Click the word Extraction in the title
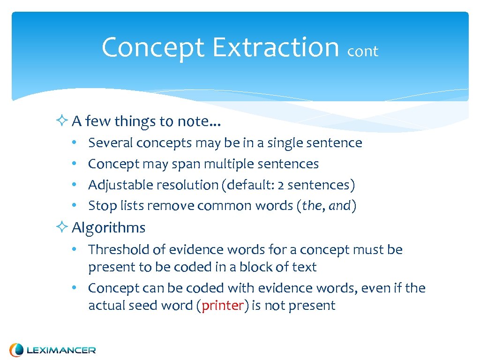click(275, 47)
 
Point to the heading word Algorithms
click(109, 228)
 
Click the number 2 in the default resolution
click(280, 186)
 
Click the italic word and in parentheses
click(340, 206)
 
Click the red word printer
click(223, 306)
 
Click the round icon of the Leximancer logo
click(17, 350)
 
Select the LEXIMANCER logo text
click(61, 350)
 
